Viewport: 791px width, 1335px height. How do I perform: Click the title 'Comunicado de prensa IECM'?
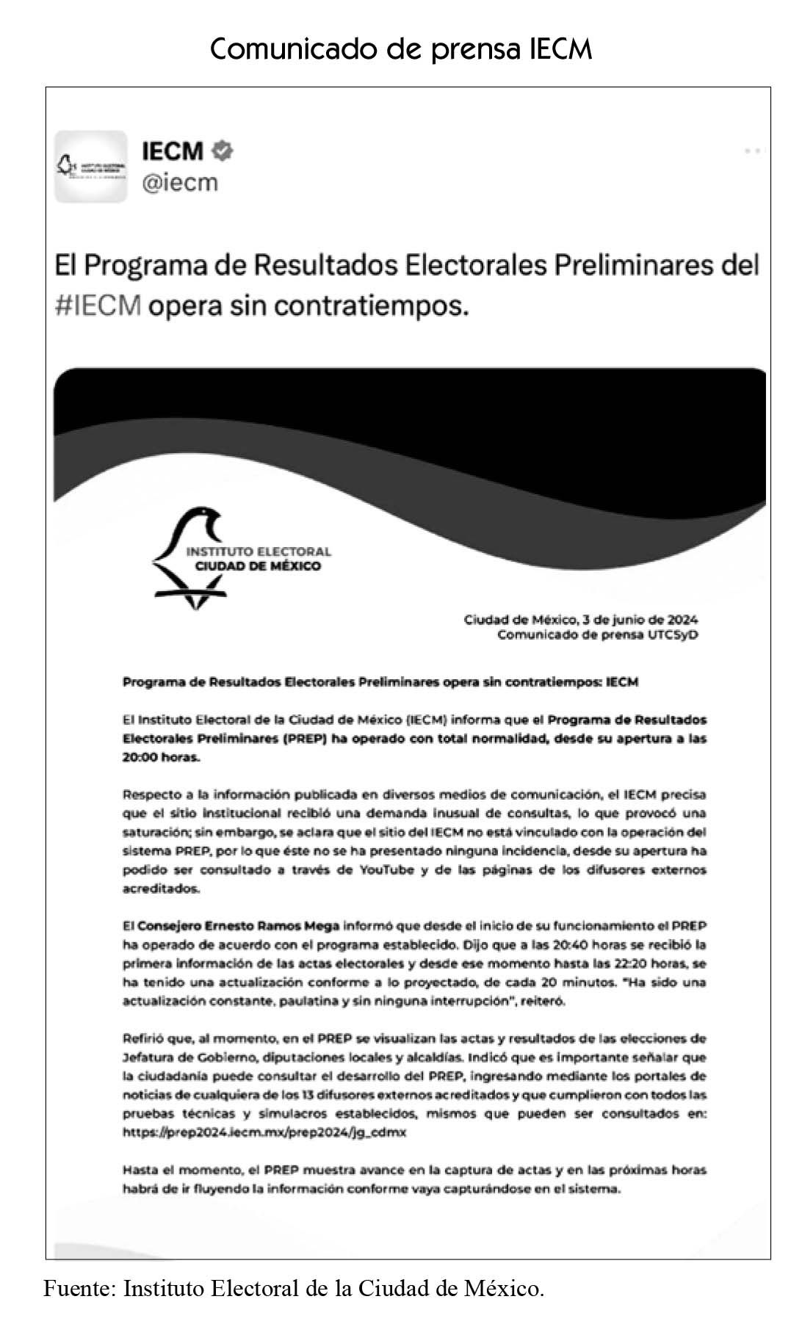point(400,49)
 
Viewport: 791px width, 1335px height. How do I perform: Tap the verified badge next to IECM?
point(222,151)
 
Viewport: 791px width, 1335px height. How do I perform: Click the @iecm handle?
point(180,181)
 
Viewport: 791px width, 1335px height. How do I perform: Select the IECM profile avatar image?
point(91,167)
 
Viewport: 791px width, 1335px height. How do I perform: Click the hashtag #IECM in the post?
point(98,304)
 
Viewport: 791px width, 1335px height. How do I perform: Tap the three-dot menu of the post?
point(752,151)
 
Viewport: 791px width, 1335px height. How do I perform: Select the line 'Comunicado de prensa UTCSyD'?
point(597,634)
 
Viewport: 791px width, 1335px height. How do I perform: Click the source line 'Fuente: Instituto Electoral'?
point(294,1288)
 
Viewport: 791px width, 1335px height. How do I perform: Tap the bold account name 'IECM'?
point(172,151)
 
